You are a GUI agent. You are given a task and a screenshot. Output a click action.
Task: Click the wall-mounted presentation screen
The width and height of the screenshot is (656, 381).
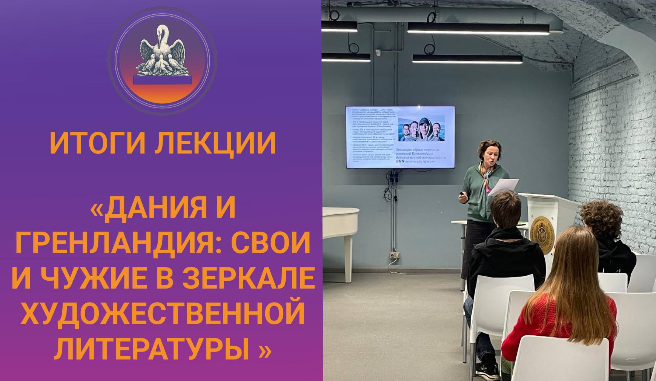click(400, 137)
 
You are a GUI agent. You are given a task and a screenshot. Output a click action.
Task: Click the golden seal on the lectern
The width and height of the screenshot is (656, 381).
click(542, 234)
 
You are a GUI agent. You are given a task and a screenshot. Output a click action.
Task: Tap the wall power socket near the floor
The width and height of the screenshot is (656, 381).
click(394, 255)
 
